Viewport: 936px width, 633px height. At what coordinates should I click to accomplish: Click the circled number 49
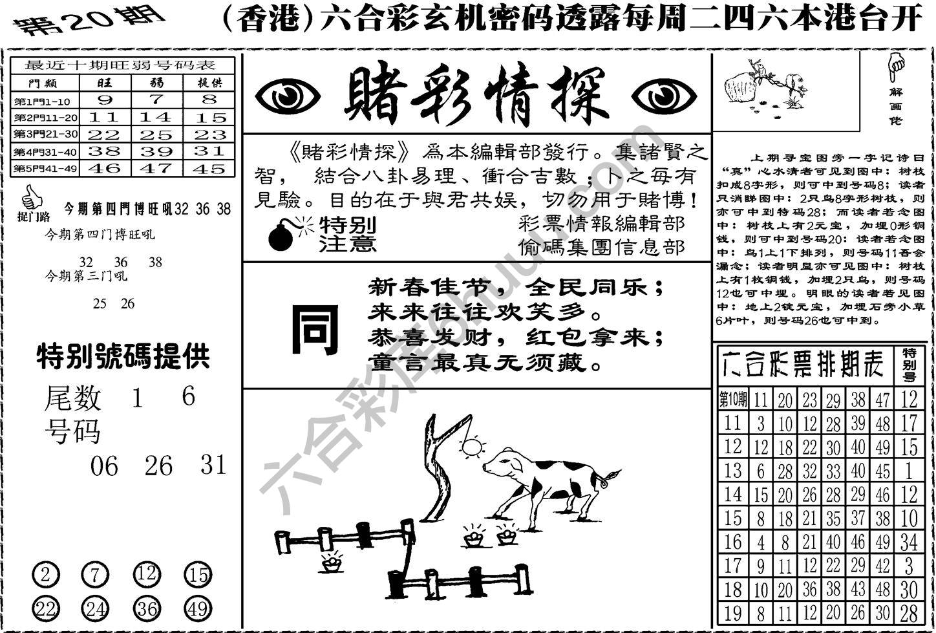pos(198,608)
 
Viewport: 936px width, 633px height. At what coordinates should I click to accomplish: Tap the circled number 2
pos(45,574)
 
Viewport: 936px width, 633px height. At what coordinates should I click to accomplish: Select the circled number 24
pos(94,608)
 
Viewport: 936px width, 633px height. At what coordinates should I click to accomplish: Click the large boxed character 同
pos(315,330)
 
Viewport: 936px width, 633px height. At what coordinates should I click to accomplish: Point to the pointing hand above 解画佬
pos(896,67)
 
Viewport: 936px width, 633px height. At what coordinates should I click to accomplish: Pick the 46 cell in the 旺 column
pos(105,168)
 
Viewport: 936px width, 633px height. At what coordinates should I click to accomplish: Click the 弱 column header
pos(156,83)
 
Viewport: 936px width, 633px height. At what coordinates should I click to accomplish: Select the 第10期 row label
pos(732,399)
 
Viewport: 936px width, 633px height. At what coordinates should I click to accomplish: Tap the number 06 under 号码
pos(105,466)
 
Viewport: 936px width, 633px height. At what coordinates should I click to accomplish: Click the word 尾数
pos(72,398)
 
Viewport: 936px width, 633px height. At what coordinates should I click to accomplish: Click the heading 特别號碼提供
pos(123,356)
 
